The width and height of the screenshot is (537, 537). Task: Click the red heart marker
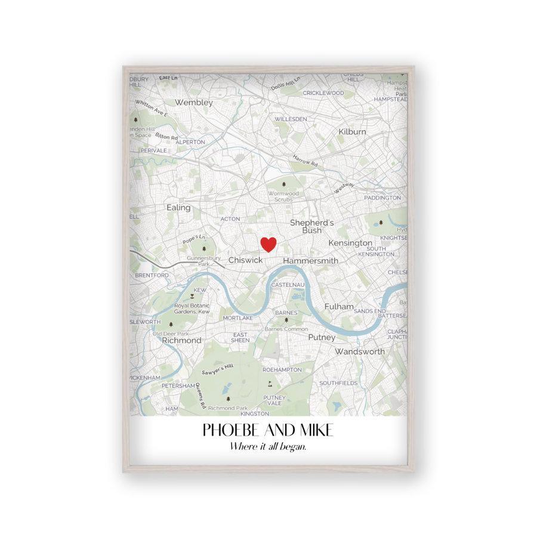269,244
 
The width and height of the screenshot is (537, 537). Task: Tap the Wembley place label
194,103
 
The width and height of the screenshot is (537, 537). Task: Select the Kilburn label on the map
352,131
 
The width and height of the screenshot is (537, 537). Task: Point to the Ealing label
178,208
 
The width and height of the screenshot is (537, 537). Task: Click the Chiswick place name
246,260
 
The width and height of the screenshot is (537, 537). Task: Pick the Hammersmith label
310,261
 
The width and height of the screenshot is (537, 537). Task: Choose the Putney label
322,337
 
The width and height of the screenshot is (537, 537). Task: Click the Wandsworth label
360,351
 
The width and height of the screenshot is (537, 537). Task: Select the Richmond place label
181,340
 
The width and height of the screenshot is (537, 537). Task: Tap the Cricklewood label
323,93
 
